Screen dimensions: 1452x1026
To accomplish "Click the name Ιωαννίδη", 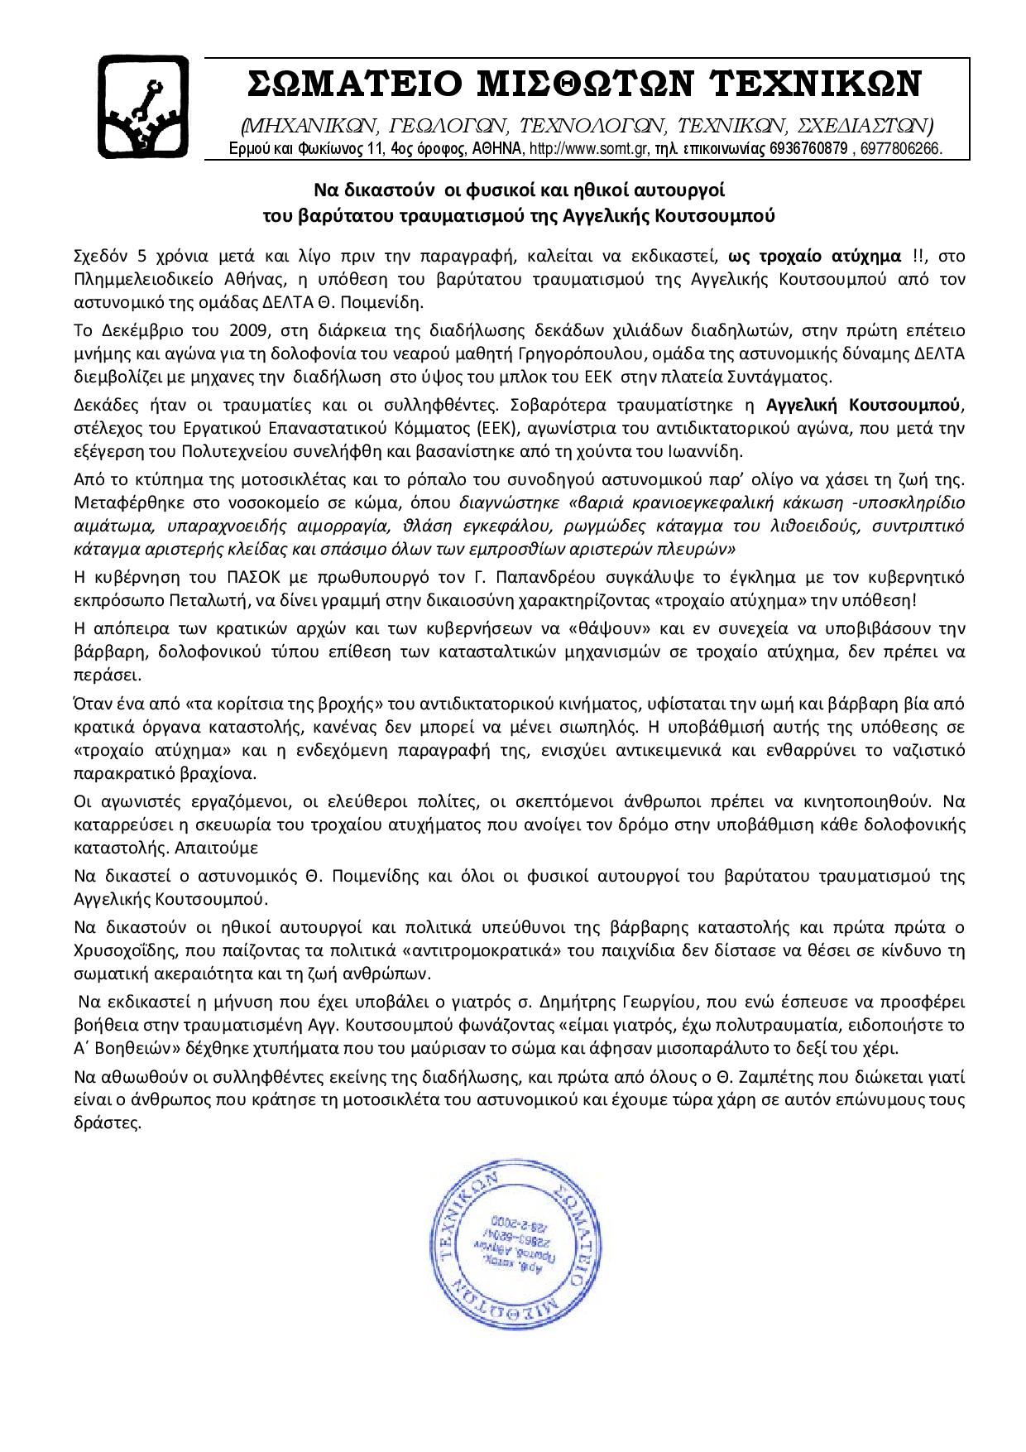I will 707,451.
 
